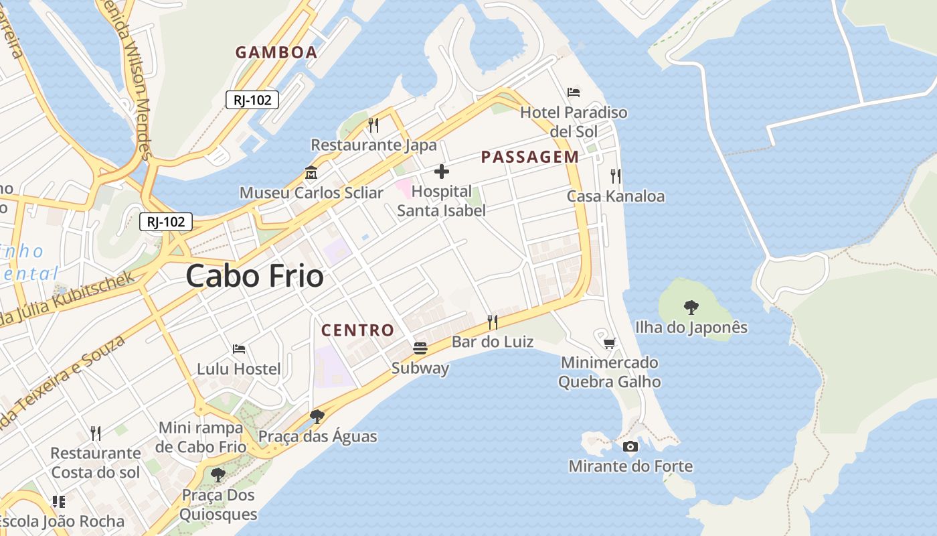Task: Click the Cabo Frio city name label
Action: tap(254, 276)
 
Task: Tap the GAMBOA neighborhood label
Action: tap(276, 52)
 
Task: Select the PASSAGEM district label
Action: tap(530, 157)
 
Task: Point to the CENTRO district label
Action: tap(357, 330)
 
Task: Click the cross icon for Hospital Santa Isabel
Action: tap(442, 172)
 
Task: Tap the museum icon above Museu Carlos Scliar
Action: tap(311, 173)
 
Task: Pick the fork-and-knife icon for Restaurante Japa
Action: tap(373, 125)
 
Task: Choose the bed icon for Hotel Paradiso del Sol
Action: tap(574, 92)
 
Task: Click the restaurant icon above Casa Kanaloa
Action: tap(616, 176)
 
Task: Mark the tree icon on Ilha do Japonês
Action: tap(691, 308)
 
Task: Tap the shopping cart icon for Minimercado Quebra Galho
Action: tap(610, 343)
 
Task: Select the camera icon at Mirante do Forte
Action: tap(630, 446)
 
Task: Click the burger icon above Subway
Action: tap(420, 348)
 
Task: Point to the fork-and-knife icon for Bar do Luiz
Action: tap(493, 322)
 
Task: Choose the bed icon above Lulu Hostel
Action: tap(239, 349)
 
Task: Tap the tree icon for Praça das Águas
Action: tap(317, 417)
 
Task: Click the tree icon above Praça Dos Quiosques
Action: tap(218, 475)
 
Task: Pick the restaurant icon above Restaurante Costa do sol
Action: tap(96, 433)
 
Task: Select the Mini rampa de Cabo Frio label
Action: tap(201, 437)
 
